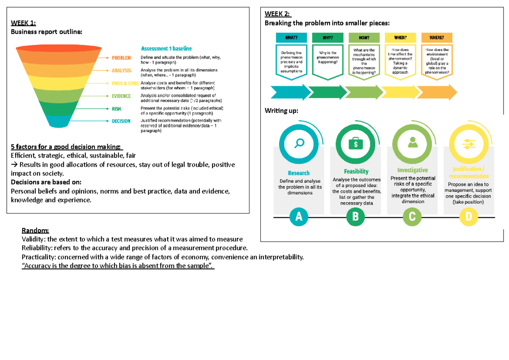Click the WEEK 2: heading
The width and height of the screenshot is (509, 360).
277,14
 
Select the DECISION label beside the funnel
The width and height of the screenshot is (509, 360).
121,121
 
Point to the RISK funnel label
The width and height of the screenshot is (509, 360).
117,109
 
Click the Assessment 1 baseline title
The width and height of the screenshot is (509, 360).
166,48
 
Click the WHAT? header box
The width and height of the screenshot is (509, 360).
291,38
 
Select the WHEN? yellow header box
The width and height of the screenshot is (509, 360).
400,38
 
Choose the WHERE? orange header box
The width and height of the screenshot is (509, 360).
436,38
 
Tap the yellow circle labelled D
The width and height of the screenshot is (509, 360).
468,217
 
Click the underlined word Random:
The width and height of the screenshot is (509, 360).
35,231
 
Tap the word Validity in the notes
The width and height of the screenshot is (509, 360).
32,239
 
